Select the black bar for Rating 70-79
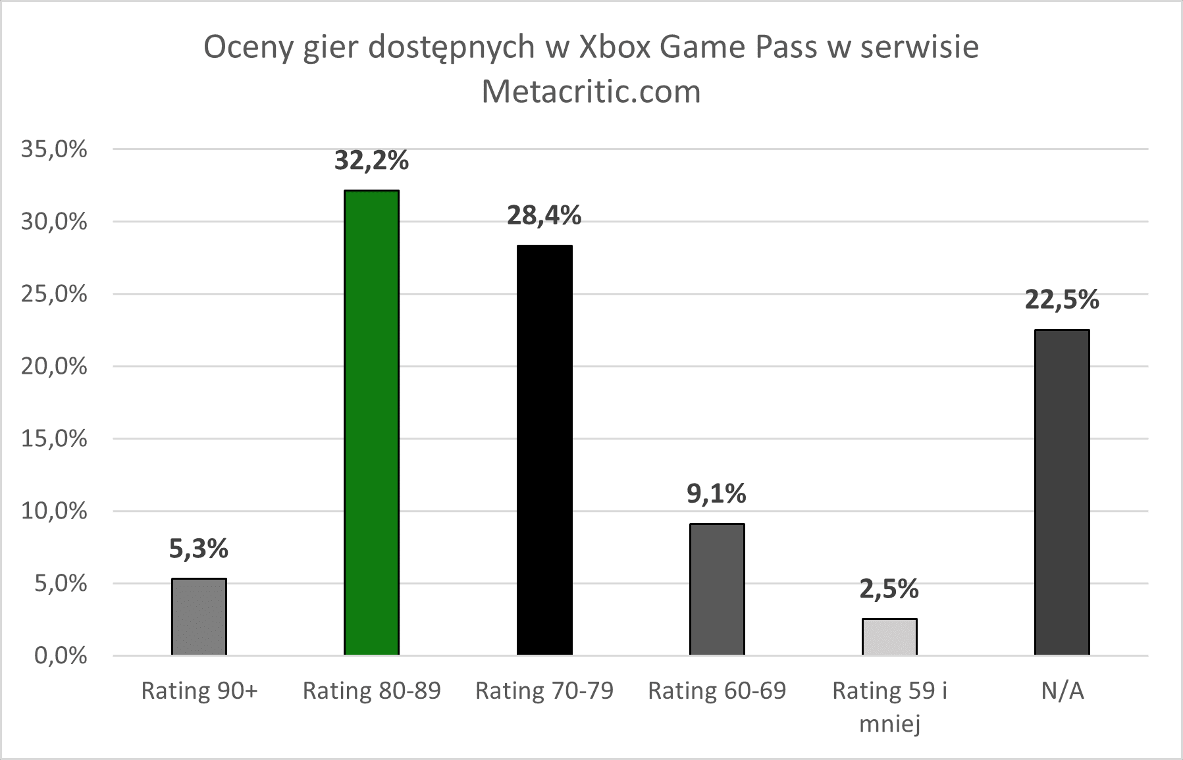[x=544, y=450]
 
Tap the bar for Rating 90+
[x=199, y=617]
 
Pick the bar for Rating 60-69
[x=717, y=589]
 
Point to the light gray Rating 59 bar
[x=889, y=636]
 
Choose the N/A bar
[x=1062, y=492]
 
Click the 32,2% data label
[x=371, y=161]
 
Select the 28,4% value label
[x=544, y=216]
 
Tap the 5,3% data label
[x=199, y=549]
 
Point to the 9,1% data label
[x=717, y=494]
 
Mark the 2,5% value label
[x=889, y=589]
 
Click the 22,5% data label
[x=1062, y=300]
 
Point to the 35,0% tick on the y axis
[x=54, y=149]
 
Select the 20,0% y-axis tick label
[x=54, y=367]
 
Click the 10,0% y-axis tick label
[x=54, y=511]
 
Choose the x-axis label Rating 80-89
[x=371, y=691]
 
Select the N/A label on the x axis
[x=1062, y=691]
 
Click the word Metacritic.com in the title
[x=591, y=92]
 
